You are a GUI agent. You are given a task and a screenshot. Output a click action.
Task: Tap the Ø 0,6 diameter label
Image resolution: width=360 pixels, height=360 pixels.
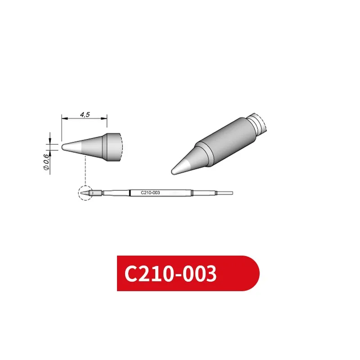[x=46, y=162]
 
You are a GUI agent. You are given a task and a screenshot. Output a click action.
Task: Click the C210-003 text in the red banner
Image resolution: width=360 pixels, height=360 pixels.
[x=171, y=273]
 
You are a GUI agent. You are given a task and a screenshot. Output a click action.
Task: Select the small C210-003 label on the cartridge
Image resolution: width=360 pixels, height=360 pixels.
[x=150, y=193]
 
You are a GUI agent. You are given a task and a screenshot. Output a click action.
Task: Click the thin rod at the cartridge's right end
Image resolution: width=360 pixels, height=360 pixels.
[x=225, y=193]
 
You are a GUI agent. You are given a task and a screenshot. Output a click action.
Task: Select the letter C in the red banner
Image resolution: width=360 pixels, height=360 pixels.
[x=132, y=273]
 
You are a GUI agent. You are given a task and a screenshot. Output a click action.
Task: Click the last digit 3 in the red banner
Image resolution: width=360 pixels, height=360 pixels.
[x=210, y=273]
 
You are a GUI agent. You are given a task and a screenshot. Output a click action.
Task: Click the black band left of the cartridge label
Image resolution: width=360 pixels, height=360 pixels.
[x=130, y=193]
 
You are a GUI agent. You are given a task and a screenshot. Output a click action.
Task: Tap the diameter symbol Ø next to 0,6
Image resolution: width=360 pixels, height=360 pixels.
[x=46, y=168]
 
